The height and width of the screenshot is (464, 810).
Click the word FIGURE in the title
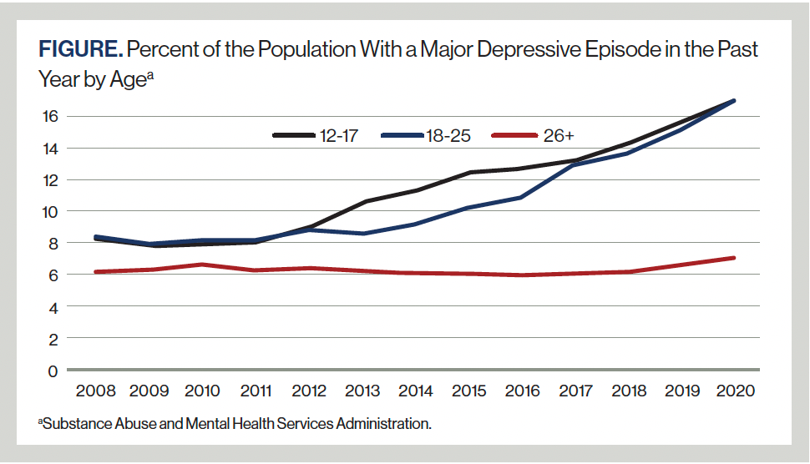80,50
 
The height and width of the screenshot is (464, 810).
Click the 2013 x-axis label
363,391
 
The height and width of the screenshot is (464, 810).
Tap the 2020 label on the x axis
735,391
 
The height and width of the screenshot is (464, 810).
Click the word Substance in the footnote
73,424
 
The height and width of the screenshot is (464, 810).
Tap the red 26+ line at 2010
202,265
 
